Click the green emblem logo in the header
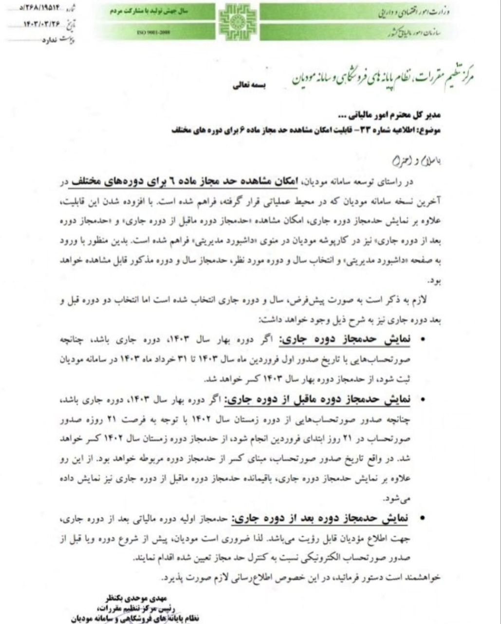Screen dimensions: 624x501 click(x=236, y=22)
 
